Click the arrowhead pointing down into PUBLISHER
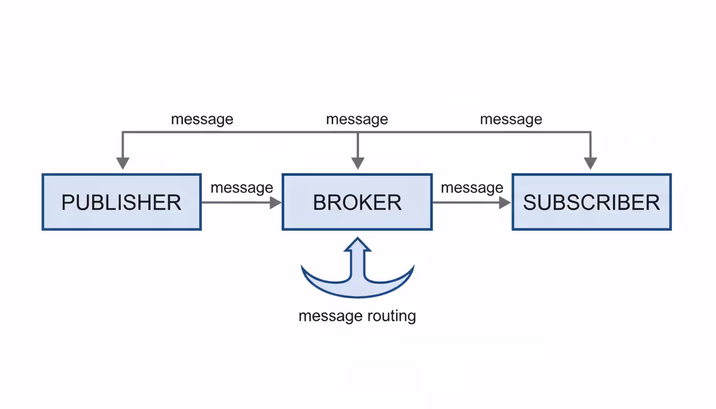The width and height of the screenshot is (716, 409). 123,163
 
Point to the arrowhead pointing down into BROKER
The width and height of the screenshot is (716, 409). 358,163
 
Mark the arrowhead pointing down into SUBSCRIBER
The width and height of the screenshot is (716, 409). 590,163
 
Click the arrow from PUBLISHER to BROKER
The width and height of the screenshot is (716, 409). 240,202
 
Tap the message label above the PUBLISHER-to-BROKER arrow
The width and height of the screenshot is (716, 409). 242,187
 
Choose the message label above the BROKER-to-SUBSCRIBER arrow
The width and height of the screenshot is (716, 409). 472,187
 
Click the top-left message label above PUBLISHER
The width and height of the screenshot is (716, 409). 202,119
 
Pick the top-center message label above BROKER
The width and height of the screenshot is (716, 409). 357,119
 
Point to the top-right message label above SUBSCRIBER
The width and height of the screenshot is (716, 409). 511,119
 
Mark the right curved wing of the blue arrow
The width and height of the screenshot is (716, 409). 397,280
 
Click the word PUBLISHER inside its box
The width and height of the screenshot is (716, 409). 121,203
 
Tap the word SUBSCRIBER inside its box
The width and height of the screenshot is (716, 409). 591,203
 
